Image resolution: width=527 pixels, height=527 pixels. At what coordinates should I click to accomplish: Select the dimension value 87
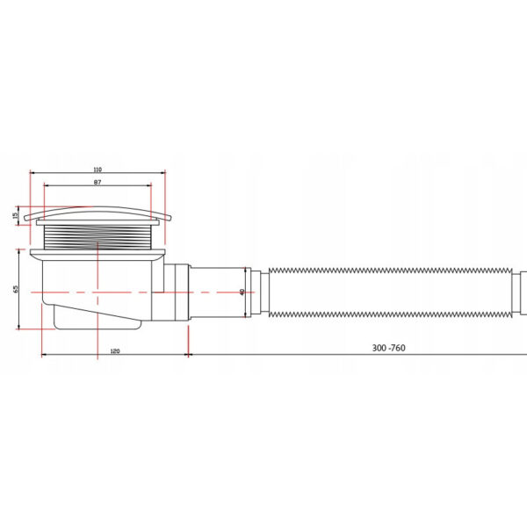click(x=97, y=182)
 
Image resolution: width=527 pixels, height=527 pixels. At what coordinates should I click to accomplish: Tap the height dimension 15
click(x=15, y=215)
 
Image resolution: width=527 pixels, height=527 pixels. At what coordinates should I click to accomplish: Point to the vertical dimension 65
click(x=15, y=289)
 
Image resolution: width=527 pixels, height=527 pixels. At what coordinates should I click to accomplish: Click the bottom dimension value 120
click(x=115, y=351)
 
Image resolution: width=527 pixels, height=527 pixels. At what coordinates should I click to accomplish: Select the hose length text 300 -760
click(x=388, y=348)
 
